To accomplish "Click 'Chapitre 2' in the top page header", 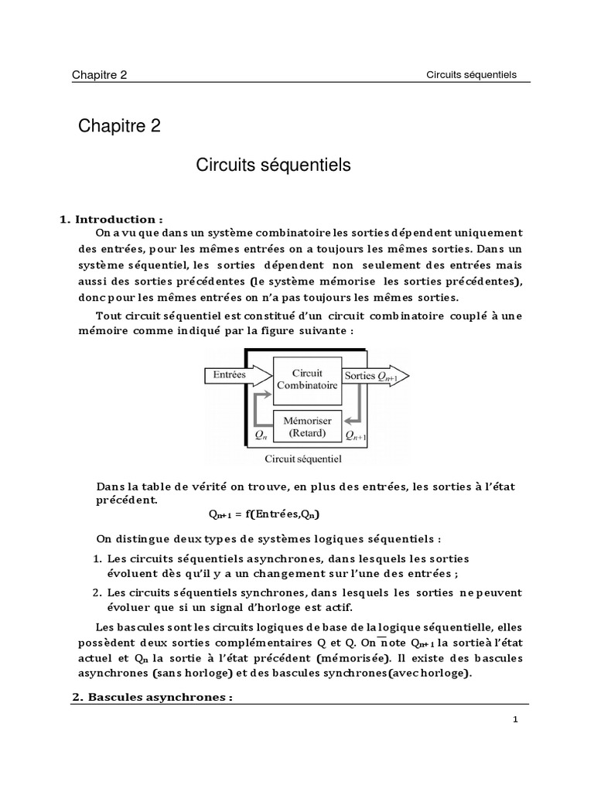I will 100,75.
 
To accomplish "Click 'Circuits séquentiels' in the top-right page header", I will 471,75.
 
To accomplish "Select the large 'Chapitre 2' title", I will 119,126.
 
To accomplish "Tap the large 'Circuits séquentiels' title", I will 273,165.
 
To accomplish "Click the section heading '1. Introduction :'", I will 111,220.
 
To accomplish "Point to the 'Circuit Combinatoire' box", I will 308,378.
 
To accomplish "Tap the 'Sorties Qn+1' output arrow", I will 374,375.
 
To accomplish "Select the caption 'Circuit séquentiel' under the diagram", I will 303,459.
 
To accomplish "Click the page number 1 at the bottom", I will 515,719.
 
